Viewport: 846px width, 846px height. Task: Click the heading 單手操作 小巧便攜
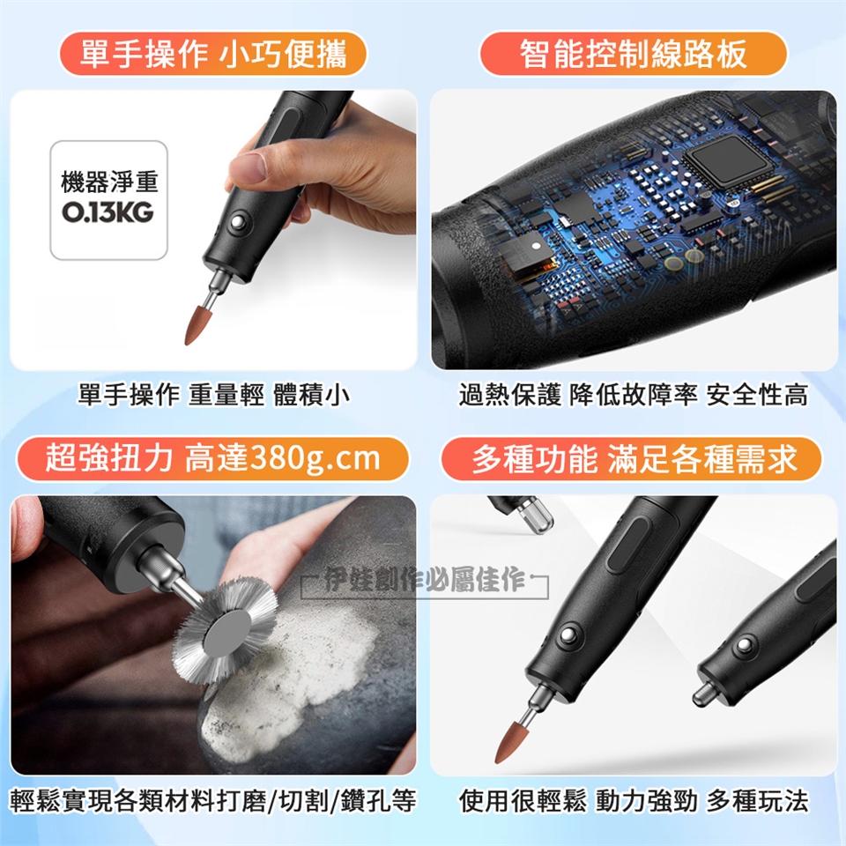213,54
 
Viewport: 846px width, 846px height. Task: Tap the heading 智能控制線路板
633,54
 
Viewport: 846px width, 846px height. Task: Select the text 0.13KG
108,212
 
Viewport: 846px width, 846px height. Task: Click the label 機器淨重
109,182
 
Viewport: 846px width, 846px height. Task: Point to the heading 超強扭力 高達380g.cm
212,458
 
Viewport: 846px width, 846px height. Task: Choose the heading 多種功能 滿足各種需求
634,459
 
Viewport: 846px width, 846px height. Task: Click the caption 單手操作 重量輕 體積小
213,395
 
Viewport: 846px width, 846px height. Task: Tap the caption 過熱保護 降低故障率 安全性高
634,395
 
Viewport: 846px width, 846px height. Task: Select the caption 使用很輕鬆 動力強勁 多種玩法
634,800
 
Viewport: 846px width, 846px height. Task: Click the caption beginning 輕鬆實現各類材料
213,800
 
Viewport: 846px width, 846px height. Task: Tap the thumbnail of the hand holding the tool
213,230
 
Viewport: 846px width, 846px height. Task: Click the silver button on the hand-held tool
237,222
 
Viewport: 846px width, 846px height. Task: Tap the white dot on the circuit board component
536,246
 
